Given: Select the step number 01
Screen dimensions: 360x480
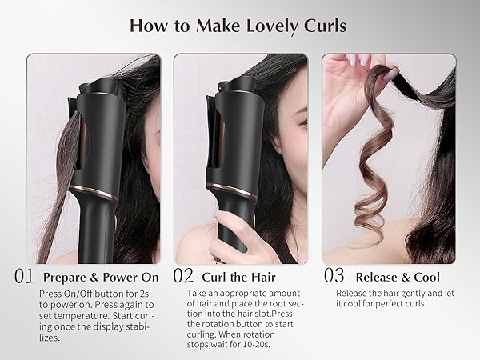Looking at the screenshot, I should click(x=24, y=277).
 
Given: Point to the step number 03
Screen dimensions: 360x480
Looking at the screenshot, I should click(x=333, y=277).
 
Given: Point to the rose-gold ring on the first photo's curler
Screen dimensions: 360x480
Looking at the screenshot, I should click(x=93, y=193).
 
